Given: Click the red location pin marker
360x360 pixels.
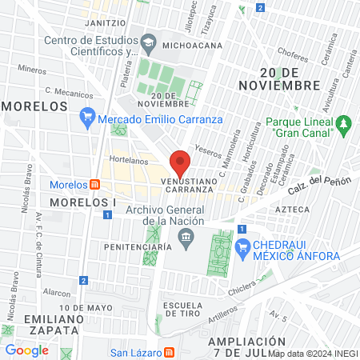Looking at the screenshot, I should pos(180,163).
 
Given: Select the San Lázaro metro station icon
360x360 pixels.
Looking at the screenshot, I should pos(169,352).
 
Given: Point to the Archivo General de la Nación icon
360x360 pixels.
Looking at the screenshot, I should pos(186,235).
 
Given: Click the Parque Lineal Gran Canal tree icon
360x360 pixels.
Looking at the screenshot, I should pos(344,124).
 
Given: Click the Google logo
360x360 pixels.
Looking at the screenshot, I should pos(27,350).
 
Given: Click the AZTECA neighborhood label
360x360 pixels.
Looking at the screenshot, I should pos(292,209).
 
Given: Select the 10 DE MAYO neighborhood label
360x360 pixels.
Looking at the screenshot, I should pos(85,307).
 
